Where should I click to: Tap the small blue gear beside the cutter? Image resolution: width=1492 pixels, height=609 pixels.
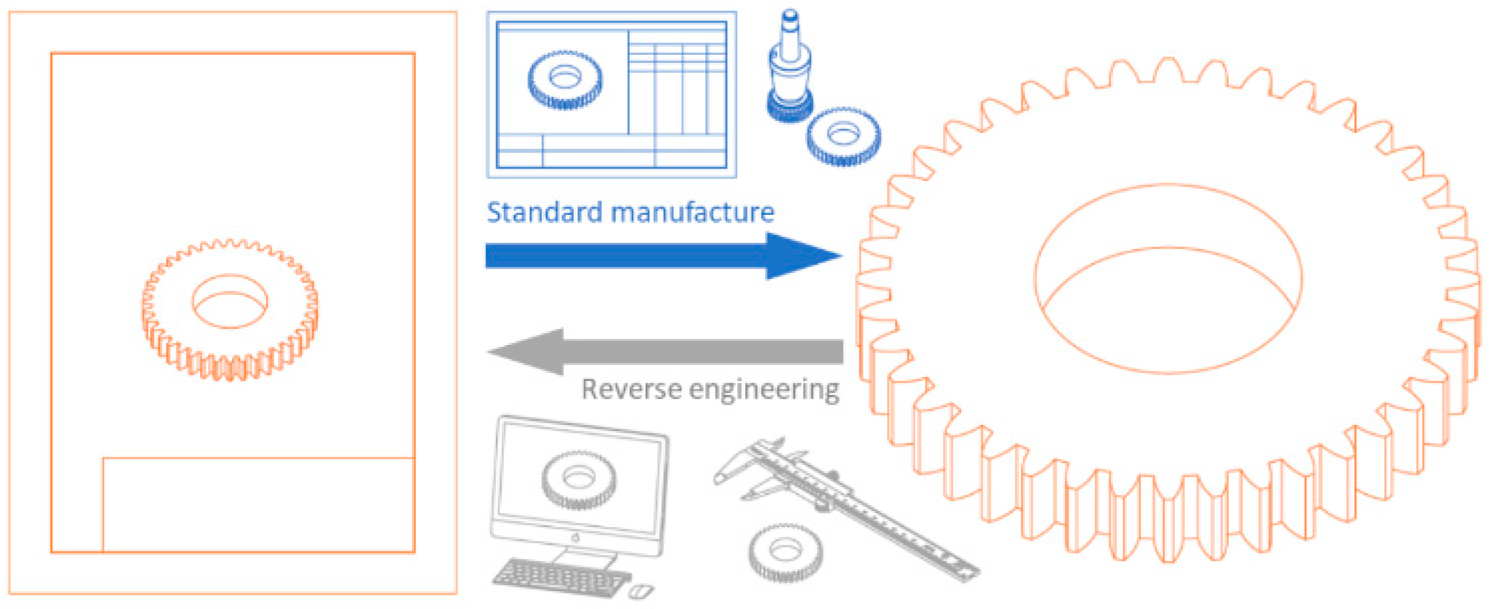[x=843, y=137]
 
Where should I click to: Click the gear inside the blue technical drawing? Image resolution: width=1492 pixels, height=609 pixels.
[x=565, y=80]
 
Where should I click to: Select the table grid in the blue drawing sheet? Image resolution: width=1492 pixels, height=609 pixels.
[x=678, y=81]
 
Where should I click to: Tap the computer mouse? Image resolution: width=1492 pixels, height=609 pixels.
[x=640, y=591]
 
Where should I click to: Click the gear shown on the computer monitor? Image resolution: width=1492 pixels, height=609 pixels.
[x=578, y=480]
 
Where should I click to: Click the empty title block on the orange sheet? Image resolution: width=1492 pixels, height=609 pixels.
[x=258, y=505]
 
